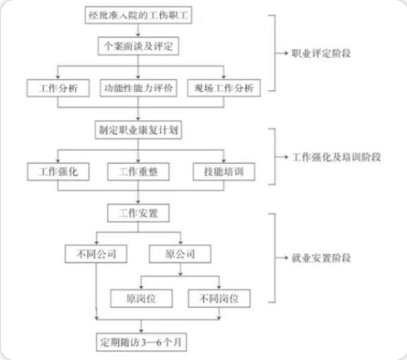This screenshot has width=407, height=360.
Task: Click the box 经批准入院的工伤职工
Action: (x=138, y=15)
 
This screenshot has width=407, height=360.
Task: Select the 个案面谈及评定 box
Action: (x=138, y=46)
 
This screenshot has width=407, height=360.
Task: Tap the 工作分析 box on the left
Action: (x=58, y=88)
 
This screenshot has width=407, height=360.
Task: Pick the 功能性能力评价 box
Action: (x=138, y=88)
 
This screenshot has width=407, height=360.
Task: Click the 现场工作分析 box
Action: (x=224, y=88)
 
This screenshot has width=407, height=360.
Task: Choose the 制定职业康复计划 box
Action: (x=138, y=130)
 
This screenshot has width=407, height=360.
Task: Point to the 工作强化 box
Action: (x=58, y=171)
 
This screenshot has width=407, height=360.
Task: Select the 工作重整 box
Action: (x=138, y=171)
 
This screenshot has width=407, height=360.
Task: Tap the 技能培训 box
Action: (x=224, y=171)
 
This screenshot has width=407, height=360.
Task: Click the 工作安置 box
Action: (x=138, y=213)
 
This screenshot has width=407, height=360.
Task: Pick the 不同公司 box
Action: (x=96, y=254)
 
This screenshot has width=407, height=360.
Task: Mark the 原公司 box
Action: (x=180, y=254)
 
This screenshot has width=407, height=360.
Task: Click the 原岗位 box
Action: (x=142, y=298)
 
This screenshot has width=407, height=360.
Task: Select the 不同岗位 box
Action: (x=219, y=298)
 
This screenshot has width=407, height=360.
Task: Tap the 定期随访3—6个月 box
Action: (x=142, y=342)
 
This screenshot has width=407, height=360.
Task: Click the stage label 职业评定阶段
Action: (x=321, y=53)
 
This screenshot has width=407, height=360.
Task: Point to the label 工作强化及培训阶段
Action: (x=337, y=157)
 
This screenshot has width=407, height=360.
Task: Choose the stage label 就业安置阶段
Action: (x=321, y=258)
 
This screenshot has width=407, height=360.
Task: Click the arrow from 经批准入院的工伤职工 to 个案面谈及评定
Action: (x=138, y=30)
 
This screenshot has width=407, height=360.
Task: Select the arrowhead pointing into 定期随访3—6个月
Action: (x=141, y=331)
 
